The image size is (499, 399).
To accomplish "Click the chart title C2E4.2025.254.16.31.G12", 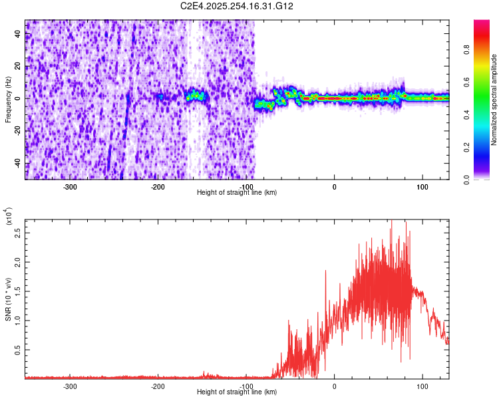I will click(x=238, y=6).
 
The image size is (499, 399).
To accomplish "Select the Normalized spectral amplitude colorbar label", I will click(x=494, y=99).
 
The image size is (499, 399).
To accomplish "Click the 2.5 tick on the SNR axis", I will click(x=17, y=233).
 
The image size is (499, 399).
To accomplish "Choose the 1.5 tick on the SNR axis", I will click(x=17, y=291).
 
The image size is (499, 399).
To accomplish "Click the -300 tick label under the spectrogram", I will click(x=70, y=187).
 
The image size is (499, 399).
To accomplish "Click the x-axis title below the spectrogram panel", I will click(x=237, y=193).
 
